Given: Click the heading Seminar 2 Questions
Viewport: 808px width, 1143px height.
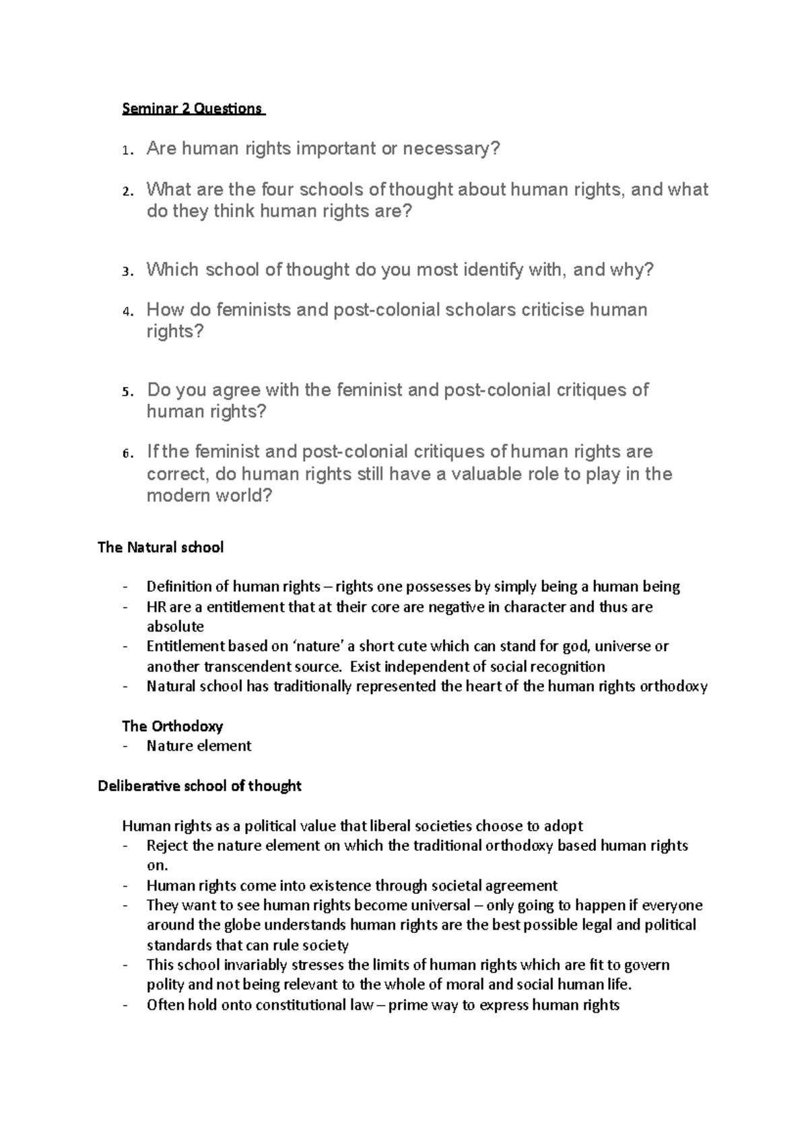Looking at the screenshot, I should [x=193, y=108].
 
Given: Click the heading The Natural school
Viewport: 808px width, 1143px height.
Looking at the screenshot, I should [x=160, y=547].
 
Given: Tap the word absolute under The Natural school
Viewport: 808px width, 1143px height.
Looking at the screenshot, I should [x=175, y=626].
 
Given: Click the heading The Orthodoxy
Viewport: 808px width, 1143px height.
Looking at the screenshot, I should [x=172, y=726].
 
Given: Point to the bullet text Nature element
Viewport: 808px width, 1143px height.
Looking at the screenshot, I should [x=199, y=746].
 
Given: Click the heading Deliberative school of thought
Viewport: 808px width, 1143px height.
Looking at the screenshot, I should [x=199, y=786].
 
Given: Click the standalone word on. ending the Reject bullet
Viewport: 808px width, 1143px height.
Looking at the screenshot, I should [x=156, y=866].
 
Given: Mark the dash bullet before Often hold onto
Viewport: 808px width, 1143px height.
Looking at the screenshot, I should [x=125, y=1005].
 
